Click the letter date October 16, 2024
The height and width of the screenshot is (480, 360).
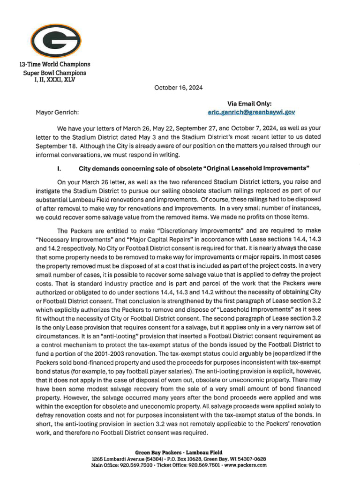tap(178, 88)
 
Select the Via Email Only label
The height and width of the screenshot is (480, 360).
tap(249, 104)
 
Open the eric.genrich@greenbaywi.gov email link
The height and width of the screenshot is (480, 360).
tap(251, 112)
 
